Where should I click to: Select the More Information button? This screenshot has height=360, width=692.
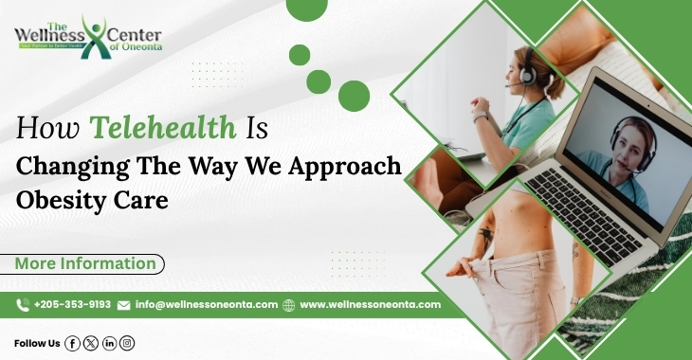tap(86, 264)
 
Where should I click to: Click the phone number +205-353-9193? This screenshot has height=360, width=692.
tap(72, 305)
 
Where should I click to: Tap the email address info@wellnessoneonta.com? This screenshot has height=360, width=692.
tap(206, 305)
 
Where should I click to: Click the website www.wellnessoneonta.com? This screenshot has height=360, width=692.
tap(370, 305)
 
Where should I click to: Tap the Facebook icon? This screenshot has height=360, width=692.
tap(72, 343)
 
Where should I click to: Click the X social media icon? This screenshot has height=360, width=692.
tap(90, 343)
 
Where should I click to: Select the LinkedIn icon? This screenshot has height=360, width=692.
tap(109, 343)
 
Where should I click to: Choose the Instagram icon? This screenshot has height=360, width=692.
tap(127, 343)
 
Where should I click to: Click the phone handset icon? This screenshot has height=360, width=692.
tap(23, 305)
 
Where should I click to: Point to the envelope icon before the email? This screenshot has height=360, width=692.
tap(123, 305)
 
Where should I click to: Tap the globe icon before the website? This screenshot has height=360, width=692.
tap(289, 305)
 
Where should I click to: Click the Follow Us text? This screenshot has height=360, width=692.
tap(37, 343)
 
